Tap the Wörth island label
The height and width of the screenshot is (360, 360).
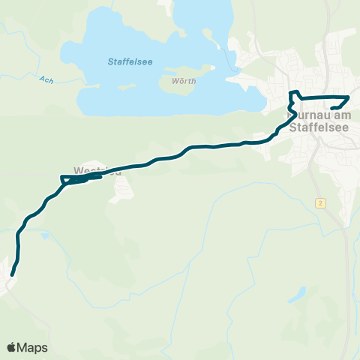tap(184, 81)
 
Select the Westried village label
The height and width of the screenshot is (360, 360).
tap(97, 170)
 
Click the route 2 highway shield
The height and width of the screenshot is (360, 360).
tap(320, 203)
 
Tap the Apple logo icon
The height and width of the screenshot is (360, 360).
tap(12, 347)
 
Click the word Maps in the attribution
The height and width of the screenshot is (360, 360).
tap(34, 347)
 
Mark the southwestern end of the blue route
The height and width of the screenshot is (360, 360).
tap(13, 274)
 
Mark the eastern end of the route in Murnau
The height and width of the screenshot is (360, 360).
tap(332, 109)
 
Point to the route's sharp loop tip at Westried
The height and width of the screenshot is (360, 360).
tap(61, 178)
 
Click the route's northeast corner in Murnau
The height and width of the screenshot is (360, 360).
tap(349, 98)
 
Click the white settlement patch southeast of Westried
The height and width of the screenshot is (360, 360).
tap(121, 191)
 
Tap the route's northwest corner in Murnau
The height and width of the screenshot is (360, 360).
tap(292, 92)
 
